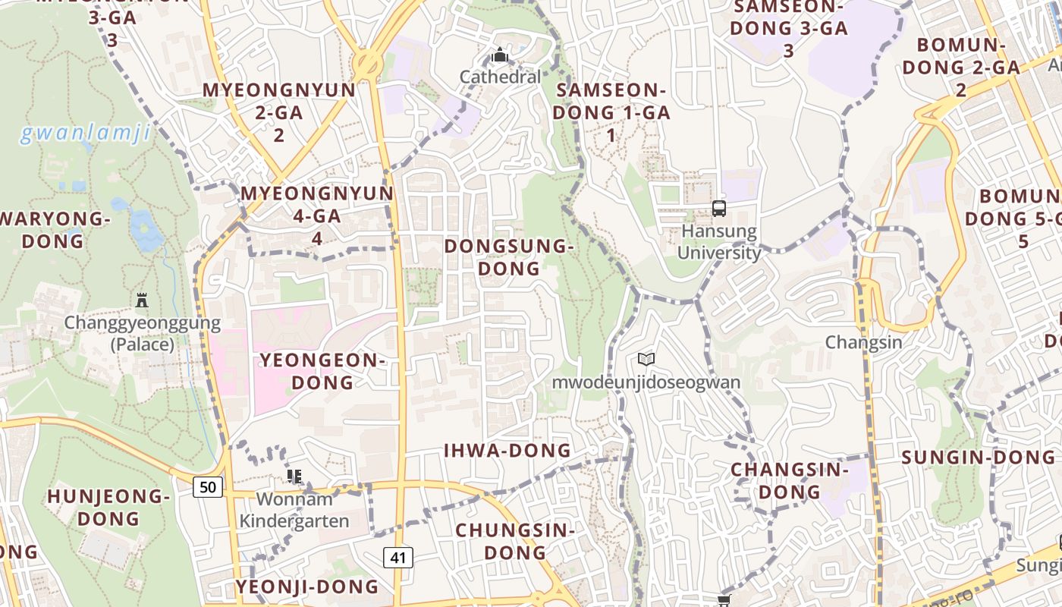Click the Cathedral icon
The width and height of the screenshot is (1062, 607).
[499, 55]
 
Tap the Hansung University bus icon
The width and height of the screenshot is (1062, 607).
[718, 208]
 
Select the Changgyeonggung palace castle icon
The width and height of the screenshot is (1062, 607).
[142, 300]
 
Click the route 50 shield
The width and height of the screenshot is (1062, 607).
[208, 486]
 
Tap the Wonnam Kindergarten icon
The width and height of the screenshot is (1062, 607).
[294, 476]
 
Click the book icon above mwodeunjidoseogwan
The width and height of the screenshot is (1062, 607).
[646, 359]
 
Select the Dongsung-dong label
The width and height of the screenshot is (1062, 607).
[507, 257]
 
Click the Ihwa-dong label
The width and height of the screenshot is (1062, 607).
[507, 451]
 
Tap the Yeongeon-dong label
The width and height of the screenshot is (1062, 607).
[322, 370]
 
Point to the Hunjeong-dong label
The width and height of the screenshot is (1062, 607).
[108, 508]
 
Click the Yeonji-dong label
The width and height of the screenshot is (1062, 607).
[306, 587]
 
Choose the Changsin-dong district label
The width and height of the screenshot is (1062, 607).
[790, 480]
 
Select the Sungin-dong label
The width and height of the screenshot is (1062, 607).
[978, 458]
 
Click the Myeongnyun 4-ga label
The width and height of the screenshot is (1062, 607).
[317, 215]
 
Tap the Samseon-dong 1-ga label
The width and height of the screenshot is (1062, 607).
[612, 112]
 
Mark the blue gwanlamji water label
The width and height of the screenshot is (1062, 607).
[84, 134]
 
